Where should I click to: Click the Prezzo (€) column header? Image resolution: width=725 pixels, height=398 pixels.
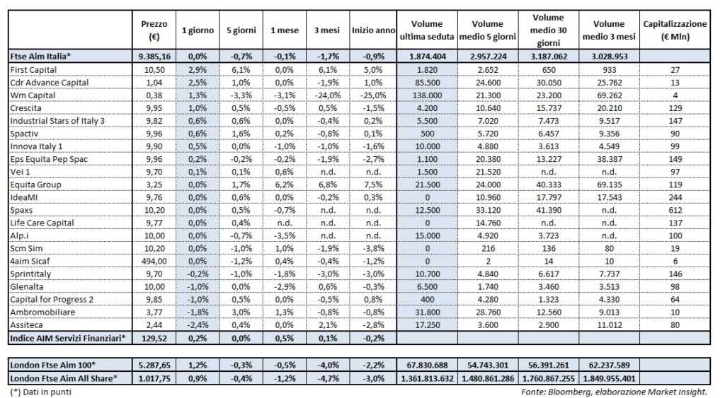tap(154, 30)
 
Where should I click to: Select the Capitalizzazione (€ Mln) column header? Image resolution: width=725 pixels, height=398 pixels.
tap(674, 30)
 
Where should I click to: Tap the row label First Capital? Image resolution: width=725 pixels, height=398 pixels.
tap(33, 69)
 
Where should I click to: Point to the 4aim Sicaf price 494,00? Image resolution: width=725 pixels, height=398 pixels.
tap(154, 260)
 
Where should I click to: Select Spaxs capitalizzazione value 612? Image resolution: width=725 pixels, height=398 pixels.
tap(674, 209)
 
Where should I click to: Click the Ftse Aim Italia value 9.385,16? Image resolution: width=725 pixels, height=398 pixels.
tap(154, 56)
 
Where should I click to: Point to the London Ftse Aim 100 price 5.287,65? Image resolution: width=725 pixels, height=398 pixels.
tap(154, 364)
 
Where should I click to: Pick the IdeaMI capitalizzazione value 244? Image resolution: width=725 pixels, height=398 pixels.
tap(674, 197)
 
